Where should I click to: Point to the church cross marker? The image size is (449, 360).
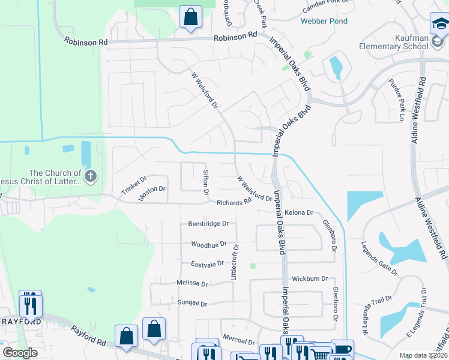pyautogui.click(x=91, y=176)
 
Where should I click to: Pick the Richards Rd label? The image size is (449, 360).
pyautogui.click(x=234, y=203)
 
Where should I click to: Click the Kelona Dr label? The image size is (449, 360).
pyautogui.click(x=299, y=212)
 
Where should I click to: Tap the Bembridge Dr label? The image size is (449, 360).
pyautogui.click(x=209, y=223)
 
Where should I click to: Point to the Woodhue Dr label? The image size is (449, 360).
pyautogui.click(x=208, y=244)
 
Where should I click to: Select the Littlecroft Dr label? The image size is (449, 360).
pyautogui.click(x=235, y=262)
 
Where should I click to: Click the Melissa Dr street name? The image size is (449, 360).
pyautogui.click(x=192, y=283)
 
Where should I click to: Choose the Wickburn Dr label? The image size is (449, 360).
pyautogui.click(x=310, y=279)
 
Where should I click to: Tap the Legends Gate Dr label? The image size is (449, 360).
pyautogui.click(x=379, y=259)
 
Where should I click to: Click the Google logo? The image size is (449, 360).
pyautogui.click(x=20, y=353)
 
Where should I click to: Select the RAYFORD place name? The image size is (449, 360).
pyautogui.click(x=21, y=322)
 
